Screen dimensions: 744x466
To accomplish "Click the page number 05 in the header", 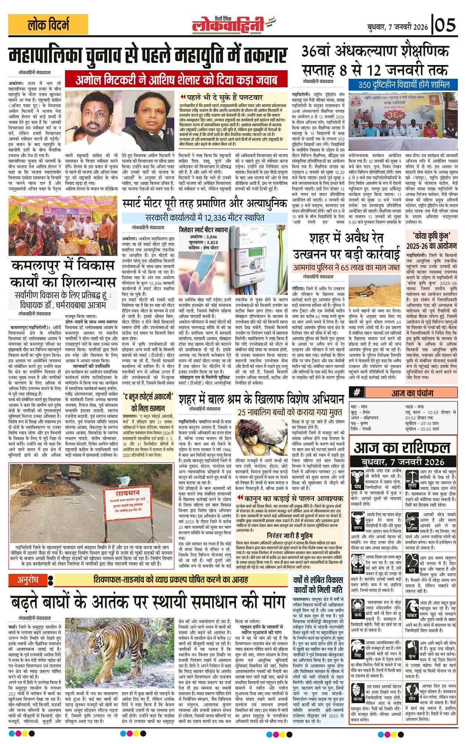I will [445, 25].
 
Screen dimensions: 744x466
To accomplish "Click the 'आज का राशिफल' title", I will [402, 448].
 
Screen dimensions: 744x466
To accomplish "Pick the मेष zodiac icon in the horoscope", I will [357, 479].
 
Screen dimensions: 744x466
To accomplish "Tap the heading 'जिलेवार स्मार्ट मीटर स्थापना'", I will [203, 230].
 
